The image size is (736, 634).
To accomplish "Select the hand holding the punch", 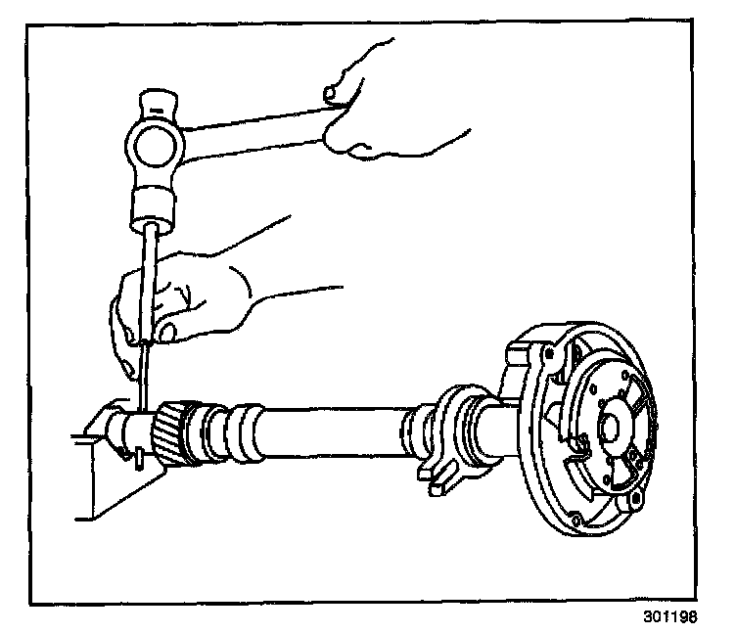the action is (x=196, y=294).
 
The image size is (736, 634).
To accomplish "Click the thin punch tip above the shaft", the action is (x=144, y=382).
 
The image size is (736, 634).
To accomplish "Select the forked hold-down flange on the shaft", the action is (x=445, y=430).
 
